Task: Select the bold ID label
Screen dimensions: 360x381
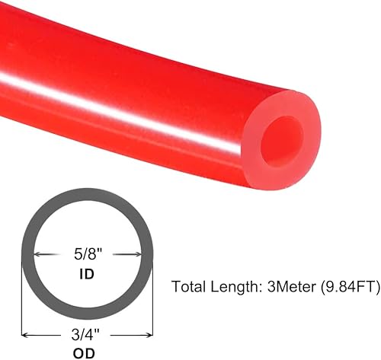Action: point(86,273)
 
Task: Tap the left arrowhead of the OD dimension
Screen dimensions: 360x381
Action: point(25,332)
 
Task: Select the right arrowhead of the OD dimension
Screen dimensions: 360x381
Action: point(149,332)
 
